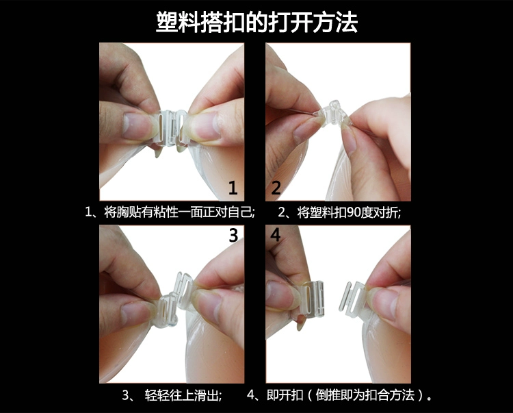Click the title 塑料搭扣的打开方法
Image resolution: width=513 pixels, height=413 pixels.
point(256,23)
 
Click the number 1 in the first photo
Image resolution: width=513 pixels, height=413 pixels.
point(233,188)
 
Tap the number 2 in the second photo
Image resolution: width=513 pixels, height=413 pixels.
point(276,188)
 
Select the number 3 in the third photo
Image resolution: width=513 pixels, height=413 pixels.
point(233,235)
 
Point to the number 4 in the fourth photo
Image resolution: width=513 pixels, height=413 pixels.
point(276,235)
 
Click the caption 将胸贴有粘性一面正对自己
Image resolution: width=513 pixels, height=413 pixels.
point(179,212)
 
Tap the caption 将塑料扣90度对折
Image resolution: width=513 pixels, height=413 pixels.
point(349,212)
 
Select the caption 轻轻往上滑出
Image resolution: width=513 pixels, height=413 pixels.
point(183,395)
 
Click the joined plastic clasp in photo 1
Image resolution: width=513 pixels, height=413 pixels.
point(172,127)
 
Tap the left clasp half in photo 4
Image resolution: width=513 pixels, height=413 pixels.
point(313,299)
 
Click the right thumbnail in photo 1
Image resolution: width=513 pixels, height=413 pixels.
point(205,126)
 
